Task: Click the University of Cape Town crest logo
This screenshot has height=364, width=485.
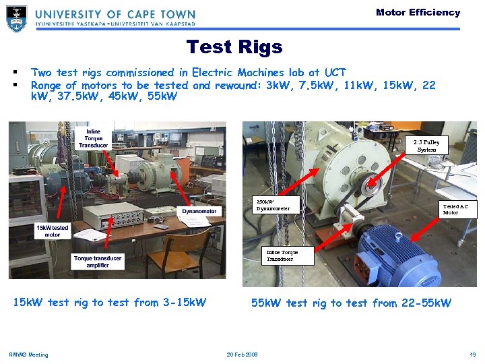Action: tap(16, 19)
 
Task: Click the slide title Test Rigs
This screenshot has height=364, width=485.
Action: tap(234, 47)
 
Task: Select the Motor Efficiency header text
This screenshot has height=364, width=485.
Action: tap(418, 12)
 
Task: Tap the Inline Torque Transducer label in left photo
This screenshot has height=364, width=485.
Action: tap(93, 138)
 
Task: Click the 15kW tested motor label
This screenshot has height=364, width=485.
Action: tap(53, 231)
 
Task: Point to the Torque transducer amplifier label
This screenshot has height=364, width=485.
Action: tap(98, 262)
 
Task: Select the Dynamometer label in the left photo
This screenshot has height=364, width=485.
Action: tap(199, 211)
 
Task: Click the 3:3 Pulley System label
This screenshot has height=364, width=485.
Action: tap(426, 146)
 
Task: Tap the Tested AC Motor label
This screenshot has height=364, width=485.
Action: tap(455, 209)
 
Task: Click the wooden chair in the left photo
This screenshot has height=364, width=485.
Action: tap(179, 254)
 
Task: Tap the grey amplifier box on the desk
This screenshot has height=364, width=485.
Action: tap(113, 216)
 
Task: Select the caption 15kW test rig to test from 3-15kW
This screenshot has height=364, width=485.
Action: tap(110, 303)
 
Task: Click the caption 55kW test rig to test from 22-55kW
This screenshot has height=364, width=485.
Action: tap(351, 303)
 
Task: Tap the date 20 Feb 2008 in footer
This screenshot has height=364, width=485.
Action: tap(242, 355)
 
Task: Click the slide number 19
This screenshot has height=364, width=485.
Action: tap(473, 355)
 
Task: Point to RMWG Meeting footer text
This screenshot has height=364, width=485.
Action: tap(28, 355)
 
